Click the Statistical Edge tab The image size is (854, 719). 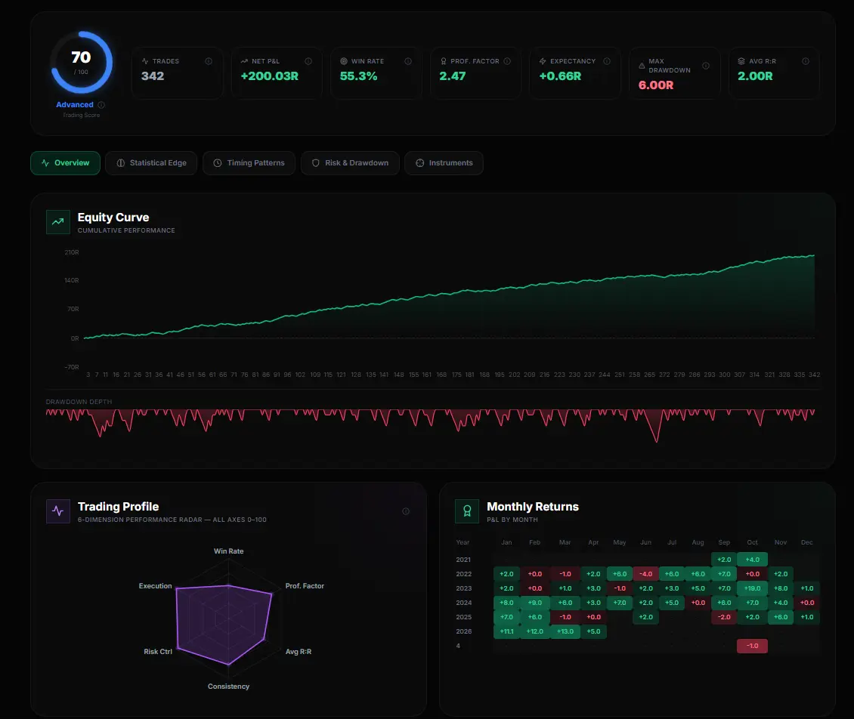[151, 163]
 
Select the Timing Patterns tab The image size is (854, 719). [249, 163]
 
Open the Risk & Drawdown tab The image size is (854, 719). [349, 163]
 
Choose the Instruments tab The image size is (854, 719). [444, 163]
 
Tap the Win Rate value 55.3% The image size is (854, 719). [359, 76]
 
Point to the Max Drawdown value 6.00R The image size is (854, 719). [656, 85]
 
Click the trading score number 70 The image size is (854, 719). [81, 57]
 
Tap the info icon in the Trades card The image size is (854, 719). [209, 61]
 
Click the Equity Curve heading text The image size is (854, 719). [113, 218]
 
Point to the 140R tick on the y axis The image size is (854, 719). [72, 280]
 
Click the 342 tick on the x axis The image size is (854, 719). [814, 375]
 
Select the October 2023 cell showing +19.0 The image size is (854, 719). [751, 588]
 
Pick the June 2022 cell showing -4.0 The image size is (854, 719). [645, 574]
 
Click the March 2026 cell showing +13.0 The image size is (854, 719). [565, 631]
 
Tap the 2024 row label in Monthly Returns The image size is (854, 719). [463, 603]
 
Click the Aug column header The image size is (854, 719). [697, 542]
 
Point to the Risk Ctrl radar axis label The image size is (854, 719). [158, 651]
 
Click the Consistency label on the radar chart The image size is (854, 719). [228, 687]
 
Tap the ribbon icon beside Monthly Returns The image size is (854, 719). [467, 511]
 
